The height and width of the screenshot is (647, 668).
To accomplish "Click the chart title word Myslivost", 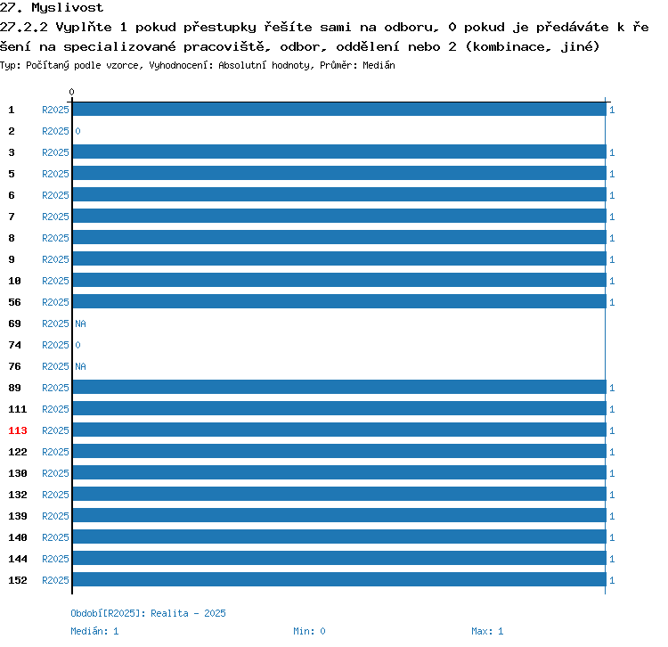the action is coord(67,8).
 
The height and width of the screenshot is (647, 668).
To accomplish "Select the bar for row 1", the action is coord(339,109).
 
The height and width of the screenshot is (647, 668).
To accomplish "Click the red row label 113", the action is coord(18,430).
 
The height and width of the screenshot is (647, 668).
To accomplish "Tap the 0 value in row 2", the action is coord(77,131).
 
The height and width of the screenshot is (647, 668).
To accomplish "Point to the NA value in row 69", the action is coord(80,323).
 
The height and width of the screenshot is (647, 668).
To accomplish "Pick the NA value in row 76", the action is coord(80,366).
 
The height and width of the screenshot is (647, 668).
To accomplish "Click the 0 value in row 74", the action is coord(77,345).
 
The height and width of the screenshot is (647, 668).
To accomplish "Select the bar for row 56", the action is coord(339,301).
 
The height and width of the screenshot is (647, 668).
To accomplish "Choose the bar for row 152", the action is coord(339,579).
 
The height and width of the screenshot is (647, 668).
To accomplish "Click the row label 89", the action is coord(14,388).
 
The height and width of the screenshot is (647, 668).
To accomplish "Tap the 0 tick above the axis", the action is coord(71,92).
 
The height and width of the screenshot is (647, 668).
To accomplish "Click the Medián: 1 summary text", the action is coord(94,631).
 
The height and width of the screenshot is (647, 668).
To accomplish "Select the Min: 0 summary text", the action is coord(309,631).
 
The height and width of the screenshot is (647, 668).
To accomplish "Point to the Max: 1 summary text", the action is coord(487,631).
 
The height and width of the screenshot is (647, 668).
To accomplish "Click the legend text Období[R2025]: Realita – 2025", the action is coord(148,613).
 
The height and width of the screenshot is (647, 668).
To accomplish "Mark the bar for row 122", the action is coord(339,451).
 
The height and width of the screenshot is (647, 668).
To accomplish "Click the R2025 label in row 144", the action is coord(55,559).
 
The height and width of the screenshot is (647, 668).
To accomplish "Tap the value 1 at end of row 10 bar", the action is coord(612,281).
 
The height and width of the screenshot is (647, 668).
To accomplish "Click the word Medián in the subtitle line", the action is coord(379,65).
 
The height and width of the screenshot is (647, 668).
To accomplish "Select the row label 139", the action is coord(18,516).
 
